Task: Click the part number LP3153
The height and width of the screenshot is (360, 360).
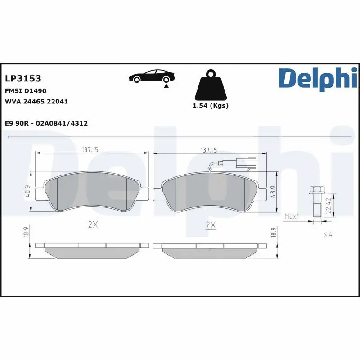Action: (23, 79)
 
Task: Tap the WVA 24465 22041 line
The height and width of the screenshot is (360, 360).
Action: (36, 102)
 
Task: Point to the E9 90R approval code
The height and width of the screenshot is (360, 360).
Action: (46, 123)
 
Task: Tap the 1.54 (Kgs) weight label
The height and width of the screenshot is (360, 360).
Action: (210, 106)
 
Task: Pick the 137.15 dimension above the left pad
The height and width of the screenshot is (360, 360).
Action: (92, 150)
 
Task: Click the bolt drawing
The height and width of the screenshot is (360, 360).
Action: (315, 202)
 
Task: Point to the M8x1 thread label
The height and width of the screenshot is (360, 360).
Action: (292, 216)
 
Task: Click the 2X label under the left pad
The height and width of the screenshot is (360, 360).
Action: (93, 225)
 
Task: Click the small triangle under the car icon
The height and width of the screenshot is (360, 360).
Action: (166, 85)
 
